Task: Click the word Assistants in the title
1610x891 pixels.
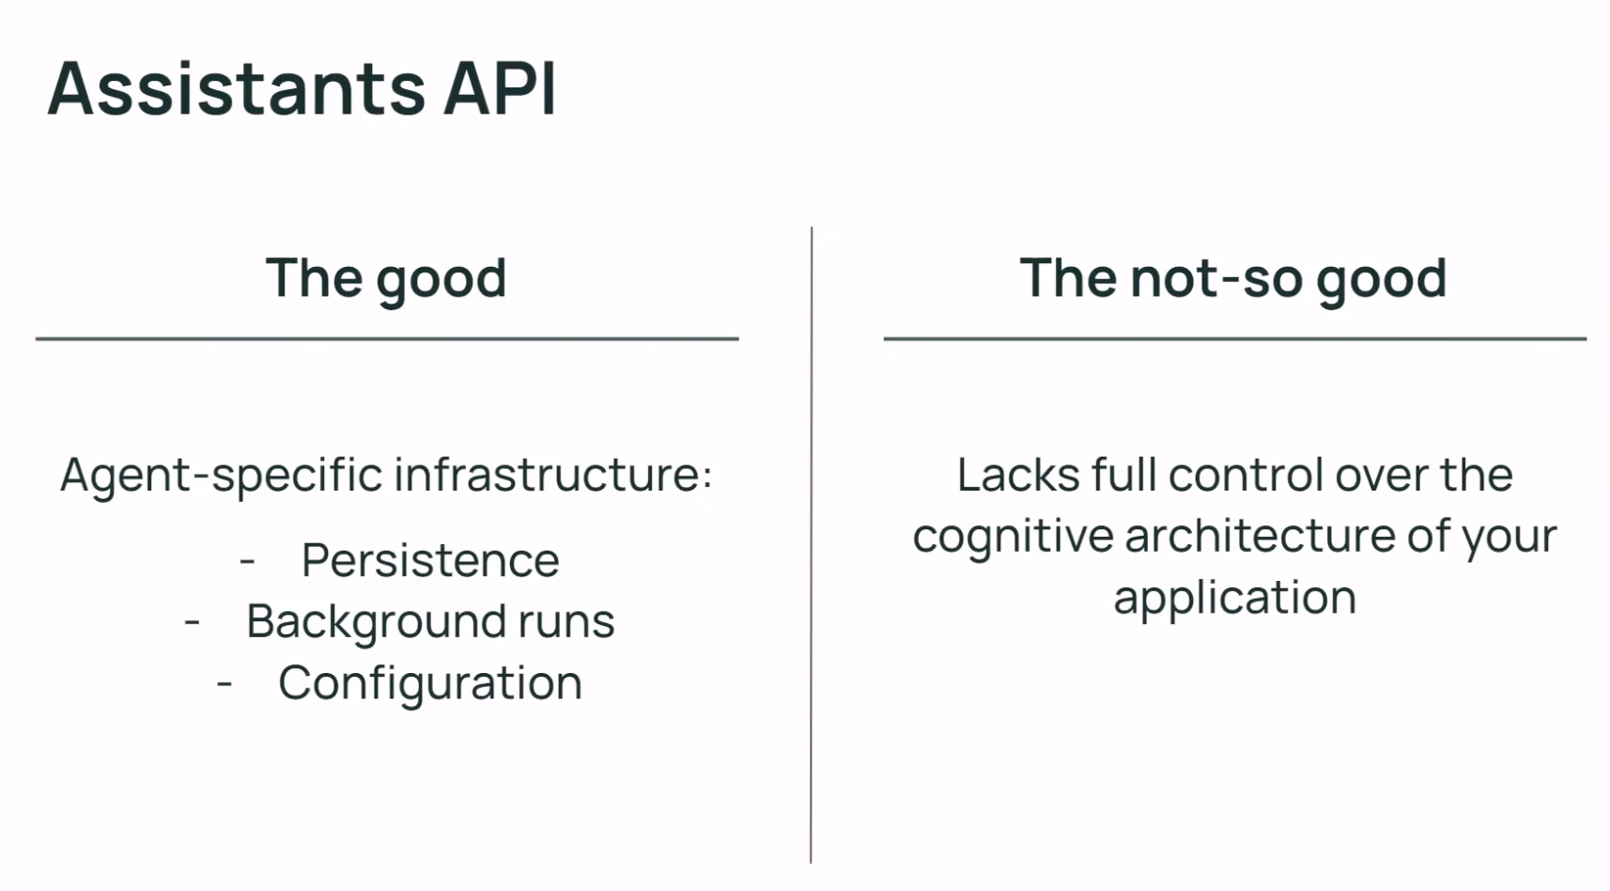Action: pos(238,88)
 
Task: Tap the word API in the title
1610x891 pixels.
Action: pos(501,88)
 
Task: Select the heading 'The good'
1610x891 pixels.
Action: pos(386,279)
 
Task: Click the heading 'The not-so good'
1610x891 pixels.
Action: pos(1233,279)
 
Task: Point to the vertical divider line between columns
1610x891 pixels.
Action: pos(812,545)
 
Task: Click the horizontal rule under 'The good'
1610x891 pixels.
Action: pos(387,338)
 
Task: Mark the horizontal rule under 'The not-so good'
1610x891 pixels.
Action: pos(1235,338)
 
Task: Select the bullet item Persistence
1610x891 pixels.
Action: pos(430,560)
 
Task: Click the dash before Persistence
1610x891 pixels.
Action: pos(248,562)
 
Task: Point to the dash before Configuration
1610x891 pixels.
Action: pos(224,684)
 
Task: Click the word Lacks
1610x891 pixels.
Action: pos(1018,475)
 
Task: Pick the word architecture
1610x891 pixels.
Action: pos(1260,537)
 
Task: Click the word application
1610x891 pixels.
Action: pos(1235,599)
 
